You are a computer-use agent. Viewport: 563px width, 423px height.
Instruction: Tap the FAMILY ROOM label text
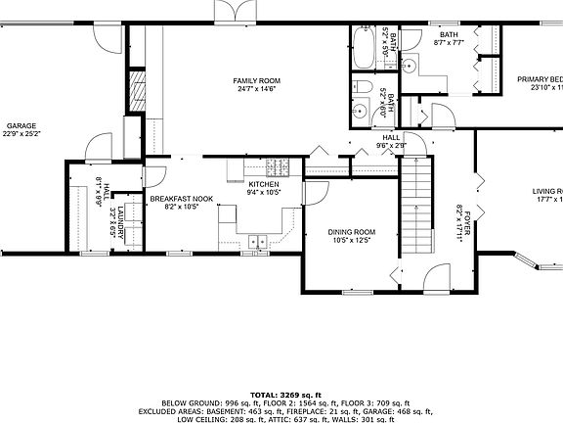pos(256,80)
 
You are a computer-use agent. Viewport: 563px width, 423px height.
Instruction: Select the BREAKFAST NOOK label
pos(182,199)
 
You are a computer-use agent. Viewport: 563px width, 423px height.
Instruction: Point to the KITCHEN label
pos(264,184)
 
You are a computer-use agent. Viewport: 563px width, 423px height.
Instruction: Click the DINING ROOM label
pos(350,231)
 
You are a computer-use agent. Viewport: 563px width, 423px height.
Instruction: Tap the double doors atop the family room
pos(235,10)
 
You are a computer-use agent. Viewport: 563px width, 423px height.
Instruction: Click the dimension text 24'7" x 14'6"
pos(256,89)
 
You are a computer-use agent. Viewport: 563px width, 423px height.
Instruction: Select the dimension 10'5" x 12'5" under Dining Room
pos(350,240)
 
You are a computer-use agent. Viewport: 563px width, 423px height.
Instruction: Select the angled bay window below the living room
pos(533,261)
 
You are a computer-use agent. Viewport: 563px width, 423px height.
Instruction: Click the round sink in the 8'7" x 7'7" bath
pos(411,67)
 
